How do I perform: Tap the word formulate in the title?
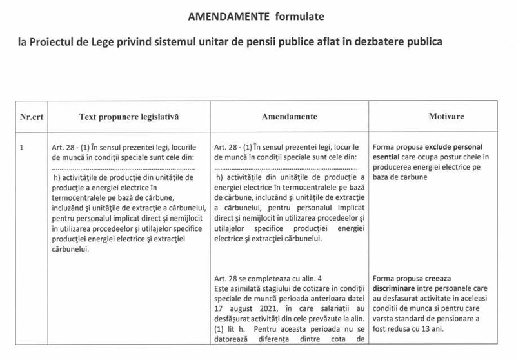coord(294,14)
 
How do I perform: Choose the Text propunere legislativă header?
coord(129,117)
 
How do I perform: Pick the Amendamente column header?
coord(289,117)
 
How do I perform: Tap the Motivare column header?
coord(446,117)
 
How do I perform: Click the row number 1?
coord(23,147)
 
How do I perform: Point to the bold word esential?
coord(387,157)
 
